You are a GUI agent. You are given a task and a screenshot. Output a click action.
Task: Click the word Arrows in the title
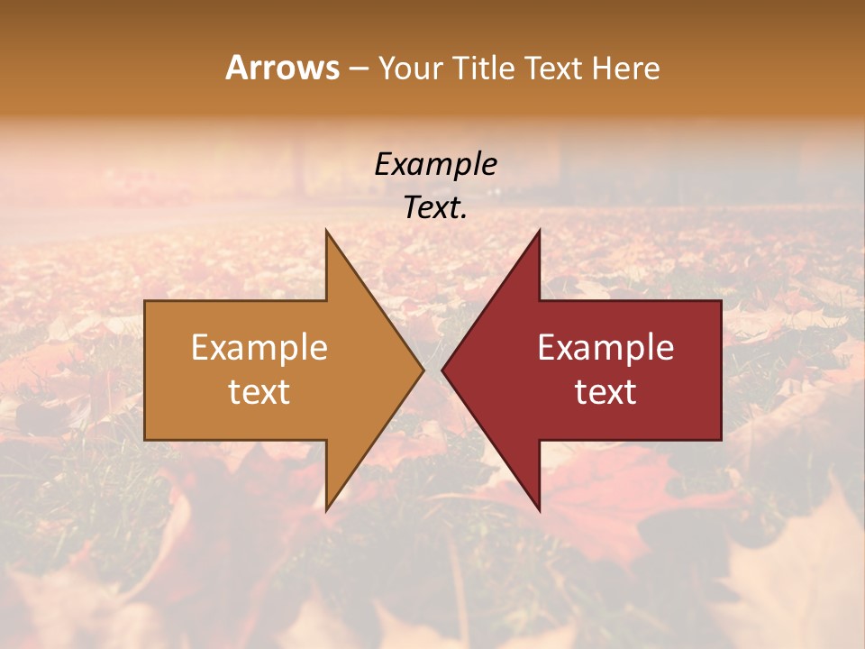tap(282, 68)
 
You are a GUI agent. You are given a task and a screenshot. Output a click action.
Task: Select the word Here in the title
tap(625, 68)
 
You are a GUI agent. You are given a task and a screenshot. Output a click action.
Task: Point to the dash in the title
tap(358, 69)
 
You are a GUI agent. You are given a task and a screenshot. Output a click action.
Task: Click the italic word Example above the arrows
tap(435, 164)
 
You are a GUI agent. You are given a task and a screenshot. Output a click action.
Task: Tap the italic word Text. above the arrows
tap(435, 207)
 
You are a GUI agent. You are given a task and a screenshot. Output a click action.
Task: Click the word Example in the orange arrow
tap(259, 347)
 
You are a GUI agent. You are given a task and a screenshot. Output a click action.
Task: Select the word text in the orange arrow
tap(259, 391)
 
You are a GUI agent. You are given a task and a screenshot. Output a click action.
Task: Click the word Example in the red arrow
tap(605, 347)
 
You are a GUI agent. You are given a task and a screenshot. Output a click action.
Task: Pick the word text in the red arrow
tap(605, 391)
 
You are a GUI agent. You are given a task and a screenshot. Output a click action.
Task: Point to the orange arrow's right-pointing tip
tap(423, 370)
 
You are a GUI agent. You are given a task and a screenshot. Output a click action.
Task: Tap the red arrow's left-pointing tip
tap(442, 370)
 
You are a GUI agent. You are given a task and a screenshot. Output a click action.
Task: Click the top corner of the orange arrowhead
tap(326, 231)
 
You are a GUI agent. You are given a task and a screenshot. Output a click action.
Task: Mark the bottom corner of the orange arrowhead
tap(326, 510)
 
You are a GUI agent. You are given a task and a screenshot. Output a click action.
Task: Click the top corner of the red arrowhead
tap(540, 231)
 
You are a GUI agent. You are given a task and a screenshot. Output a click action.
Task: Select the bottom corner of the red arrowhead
tap(540, 510)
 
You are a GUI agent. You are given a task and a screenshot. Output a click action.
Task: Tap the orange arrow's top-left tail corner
tap(145, 301)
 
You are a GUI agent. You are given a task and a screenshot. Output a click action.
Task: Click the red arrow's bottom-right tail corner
tap(721, 440)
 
